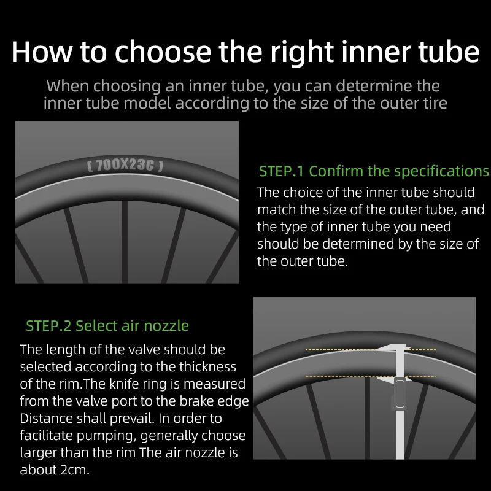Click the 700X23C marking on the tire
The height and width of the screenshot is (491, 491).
(125, 165)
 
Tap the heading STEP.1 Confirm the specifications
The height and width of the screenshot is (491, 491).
(374, 171)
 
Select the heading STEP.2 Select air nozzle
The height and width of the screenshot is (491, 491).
(107, 326)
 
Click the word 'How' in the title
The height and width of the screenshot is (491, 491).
(42, 52)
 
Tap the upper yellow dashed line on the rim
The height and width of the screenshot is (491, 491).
(371, 349)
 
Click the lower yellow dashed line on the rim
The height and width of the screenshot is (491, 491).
(371, 376)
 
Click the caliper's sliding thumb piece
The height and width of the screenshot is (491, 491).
(400, 393)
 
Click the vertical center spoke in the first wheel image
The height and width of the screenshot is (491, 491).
(125, 242)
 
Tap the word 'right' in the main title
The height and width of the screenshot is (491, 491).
(302, 53)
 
